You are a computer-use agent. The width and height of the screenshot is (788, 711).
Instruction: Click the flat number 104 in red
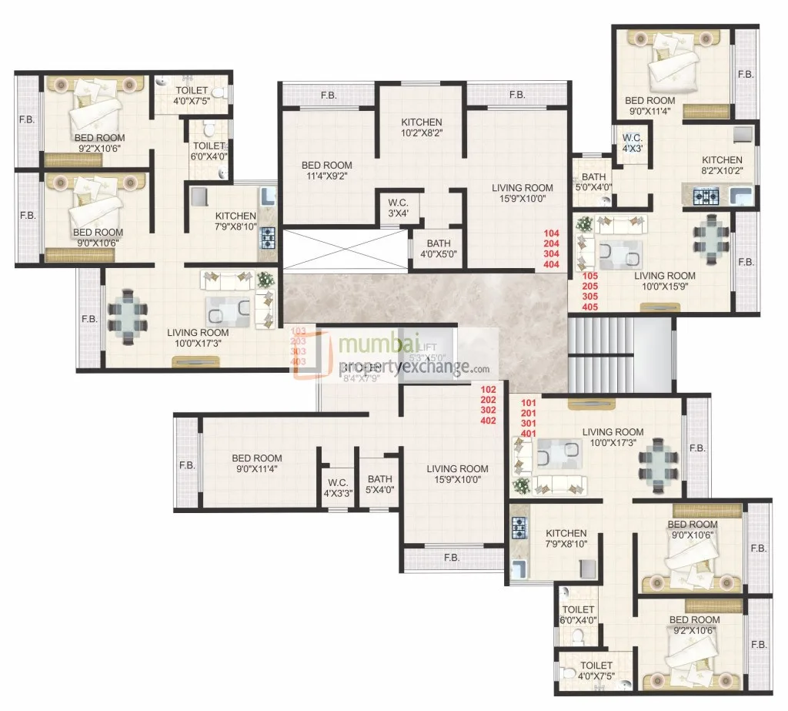pyautogui.click(x=550, y=233)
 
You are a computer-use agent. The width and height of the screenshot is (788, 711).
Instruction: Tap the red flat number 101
pyautogui.click(x=529, y=403)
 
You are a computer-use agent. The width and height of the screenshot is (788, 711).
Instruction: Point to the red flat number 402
pyautogui.click(x=488, y=421)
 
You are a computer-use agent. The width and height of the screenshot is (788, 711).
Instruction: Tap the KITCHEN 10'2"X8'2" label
pyautogui.click(x=421, y=127)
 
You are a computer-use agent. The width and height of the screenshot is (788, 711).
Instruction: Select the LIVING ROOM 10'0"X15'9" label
pyautogui.click(x=664, y=280)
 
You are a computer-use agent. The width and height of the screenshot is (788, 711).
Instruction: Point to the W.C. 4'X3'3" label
pyautogui.click(x=338, y=488)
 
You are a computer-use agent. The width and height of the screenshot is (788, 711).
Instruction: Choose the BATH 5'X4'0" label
pyautogui.click(x=379, y=483)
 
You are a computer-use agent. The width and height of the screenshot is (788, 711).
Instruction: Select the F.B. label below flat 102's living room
pyautogui.click(x=451, y=557)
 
